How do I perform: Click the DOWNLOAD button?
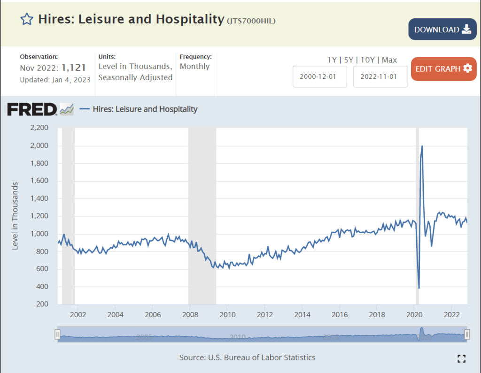(442, 30)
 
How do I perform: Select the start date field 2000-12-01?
(320, 77)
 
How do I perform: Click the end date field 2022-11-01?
(380, 77)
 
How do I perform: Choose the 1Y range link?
(333, 60)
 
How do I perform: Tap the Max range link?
(389, 60)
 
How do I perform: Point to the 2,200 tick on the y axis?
(39, 128)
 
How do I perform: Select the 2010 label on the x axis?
(227, 314)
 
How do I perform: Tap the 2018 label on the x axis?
(377, 314)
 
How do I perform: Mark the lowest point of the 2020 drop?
(419, 288)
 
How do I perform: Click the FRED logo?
(32, 109)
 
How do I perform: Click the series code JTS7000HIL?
(251, 21)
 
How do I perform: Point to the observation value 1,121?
(74, 68)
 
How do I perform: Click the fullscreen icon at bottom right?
(461, 358)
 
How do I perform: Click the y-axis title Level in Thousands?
(15, 216)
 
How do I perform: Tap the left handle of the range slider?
(57, 334)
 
